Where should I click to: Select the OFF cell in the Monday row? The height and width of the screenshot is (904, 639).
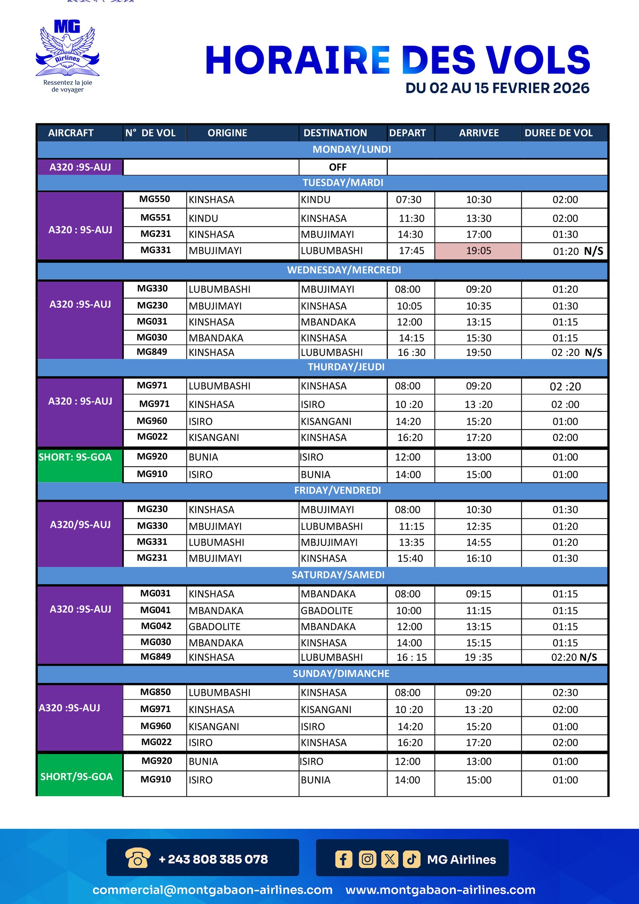coord(337,167)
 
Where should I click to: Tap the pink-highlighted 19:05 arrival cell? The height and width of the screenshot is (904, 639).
coord(478,251)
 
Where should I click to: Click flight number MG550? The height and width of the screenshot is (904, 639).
coord(155,199)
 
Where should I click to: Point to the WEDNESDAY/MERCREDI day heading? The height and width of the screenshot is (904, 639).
coord(344,270)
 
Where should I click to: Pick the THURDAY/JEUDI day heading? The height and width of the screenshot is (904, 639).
coord(346,367)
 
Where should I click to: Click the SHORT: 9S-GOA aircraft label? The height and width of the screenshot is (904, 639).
coord(75,457)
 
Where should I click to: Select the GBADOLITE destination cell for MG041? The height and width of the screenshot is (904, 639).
coord(327,610)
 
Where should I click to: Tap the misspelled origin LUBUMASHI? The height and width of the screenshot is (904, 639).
coord(216,542)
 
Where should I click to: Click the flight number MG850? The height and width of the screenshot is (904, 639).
coord(155,692)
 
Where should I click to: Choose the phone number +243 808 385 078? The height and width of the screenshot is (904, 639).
coord(213,859)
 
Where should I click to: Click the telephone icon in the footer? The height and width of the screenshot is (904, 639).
coord(138,858)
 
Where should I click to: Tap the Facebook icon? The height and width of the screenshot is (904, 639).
coord(343,859)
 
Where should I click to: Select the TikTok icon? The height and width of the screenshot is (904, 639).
coord(411,859)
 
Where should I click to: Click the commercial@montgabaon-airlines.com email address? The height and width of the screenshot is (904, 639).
coord(212,890)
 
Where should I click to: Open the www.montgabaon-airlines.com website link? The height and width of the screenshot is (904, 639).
coord(440,890)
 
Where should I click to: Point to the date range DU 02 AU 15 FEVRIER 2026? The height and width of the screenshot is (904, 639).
coord(497,88)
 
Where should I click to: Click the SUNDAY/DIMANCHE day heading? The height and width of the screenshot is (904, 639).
coord(341,674)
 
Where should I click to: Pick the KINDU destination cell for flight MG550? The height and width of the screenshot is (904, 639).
coord(316,200)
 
